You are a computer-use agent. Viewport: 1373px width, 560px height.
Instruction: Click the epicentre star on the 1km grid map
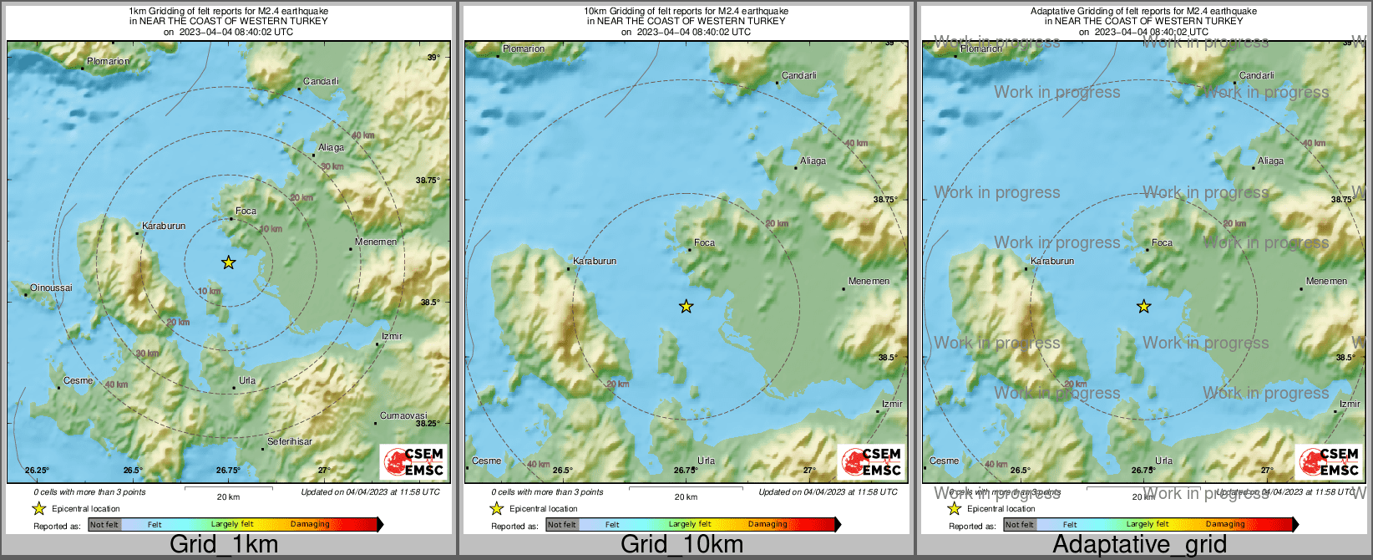[x=229, y=262]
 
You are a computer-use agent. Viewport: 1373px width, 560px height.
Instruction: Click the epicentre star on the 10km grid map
[x=686, y=307]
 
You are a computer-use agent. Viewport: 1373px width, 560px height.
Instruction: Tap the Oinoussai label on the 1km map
[x=51, y=288]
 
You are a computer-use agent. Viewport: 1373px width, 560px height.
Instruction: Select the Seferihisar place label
[x=290, y=441]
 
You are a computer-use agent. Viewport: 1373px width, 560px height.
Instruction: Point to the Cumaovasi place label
[x=403, y=415]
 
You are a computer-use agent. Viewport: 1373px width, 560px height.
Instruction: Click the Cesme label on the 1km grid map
[x=79, y=380]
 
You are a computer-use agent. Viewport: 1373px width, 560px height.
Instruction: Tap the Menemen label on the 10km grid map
[x=869, y=282]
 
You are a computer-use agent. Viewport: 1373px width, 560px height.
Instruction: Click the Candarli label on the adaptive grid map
[x=1256, y=75]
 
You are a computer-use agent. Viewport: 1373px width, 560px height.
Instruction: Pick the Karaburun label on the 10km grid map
[x=595, y=261]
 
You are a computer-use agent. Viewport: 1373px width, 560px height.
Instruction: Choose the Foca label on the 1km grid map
[x=246, y=211]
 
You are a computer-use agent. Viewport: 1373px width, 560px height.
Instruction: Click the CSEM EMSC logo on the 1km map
[x=413, y=461]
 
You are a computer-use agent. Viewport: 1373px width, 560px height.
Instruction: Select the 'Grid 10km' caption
[x=681, y=545]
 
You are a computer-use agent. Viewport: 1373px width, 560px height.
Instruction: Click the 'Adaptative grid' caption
[x=1139, y=545]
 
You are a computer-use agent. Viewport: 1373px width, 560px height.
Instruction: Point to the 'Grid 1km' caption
[x=224, y=545]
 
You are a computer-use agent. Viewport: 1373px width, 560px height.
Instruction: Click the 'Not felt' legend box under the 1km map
[x=104, y=525]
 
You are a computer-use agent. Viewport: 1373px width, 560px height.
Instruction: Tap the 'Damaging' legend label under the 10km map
[x=768, y=525]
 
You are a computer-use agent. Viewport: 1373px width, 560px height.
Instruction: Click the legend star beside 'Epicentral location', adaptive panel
[x=954, y=508]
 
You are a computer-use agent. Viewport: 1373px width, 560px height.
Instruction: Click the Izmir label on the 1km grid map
[x=392, y=337]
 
